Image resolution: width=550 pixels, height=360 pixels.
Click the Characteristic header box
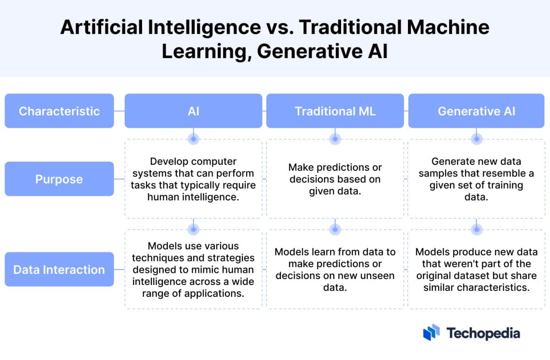[59, 111]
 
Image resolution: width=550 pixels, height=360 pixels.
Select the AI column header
[193, 111]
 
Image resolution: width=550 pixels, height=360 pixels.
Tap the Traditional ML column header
[335, 111]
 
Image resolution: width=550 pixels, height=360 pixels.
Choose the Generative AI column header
[477, 111]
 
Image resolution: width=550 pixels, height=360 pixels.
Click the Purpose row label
[59, 179]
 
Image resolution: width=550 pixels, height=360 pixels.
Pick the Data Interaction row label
[59, 269]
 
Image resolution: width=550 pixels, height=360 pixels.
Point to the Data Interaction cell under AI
[193, 270]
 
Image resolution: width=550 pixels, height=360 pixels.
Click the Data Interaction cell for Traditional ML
[335, 270]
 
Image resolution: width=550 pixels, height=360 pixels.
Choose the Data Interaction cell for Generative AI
[477, 270]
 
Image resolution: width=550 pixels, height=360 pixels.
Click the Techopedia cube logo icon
[431, 333]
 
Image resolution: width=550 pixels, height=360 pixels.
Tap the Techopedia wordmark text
[483, 333]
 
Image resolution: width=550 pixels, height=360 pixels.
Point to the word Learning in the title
[205, 51]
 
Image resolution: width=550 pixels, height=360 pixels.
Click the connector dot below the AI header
[193, 137]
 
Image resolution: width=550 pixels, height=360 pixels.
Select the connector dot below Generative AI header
[477, 137]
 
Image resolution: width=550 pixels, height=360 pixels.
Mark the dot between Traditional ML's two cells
[335, 227]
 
